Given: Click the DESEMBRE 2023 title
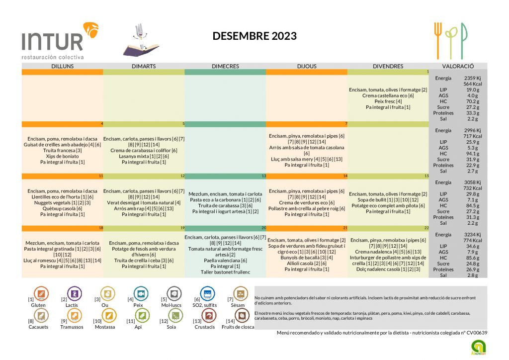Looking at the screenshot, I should (x=254, y=36).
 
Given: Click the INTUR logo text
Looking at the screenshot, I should (x=52, y=41).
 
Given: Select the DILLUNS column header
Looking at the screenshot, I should (x=63, y=66).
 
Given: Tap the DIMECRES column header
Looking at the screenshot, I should (x=225, y=66).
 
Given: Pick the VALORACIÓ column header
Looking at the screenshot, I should (x=458, y=66).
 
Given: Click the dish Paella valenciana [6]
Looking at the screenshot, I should (x=225, y=260).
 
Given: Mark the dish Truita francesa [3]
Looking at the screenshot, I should (x=63, y=150).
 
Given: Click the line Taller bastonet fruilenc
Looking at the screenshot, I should (x=225, y=272).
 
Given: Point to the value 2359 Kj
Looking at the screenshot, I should (x=472, y=78).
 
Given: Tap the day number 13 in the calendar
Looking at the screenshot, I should (x=264, y=176).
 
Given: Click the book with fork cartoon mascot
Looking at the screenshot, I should (x=142, y=41).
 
